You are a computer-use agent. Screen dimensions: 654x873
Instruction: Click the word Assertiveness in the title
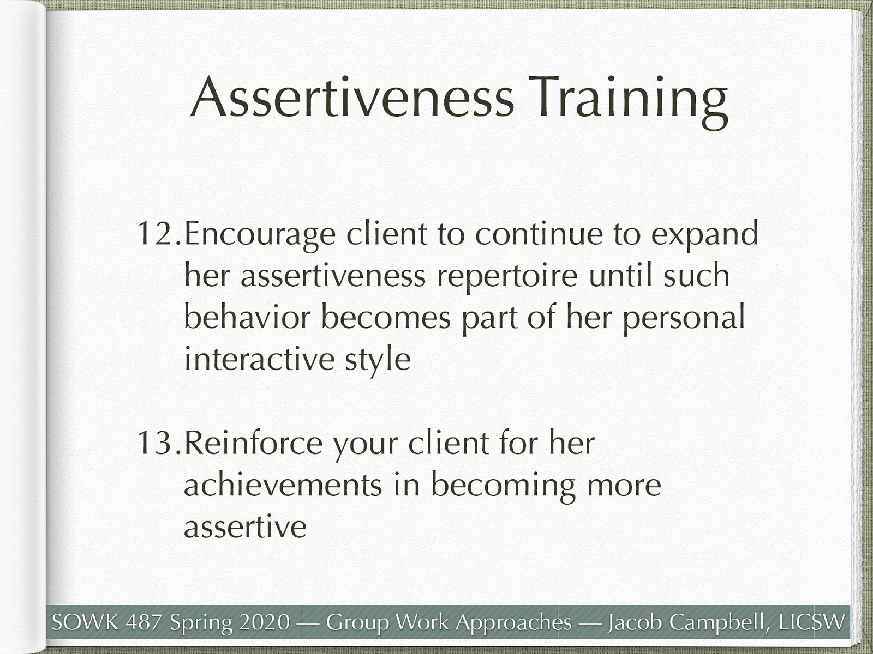(352, 98)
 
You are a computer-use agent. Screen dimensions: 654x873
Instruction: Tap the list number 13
(158, 443)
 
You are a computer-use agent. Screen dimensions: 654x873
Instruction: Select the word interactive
(259, 359)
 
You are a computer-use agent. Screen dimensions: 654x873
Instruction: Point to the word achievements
(283, 485)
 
